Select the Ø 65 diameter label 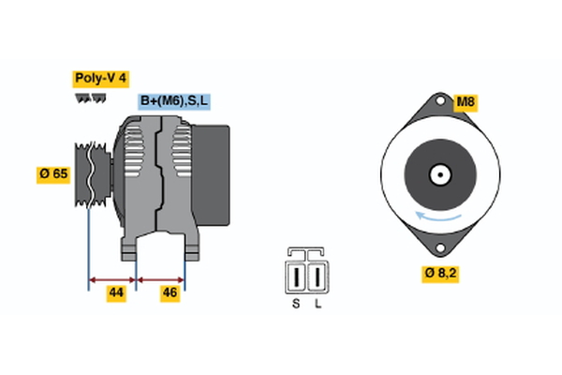52,174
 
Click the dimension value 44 116,292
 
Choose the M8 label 466,101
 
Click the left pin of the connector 298,278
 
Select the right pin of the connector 318,278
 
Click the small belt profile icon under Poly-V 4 89,97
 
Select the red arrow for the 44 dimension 112,278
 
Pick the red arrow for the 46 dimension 160,278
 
